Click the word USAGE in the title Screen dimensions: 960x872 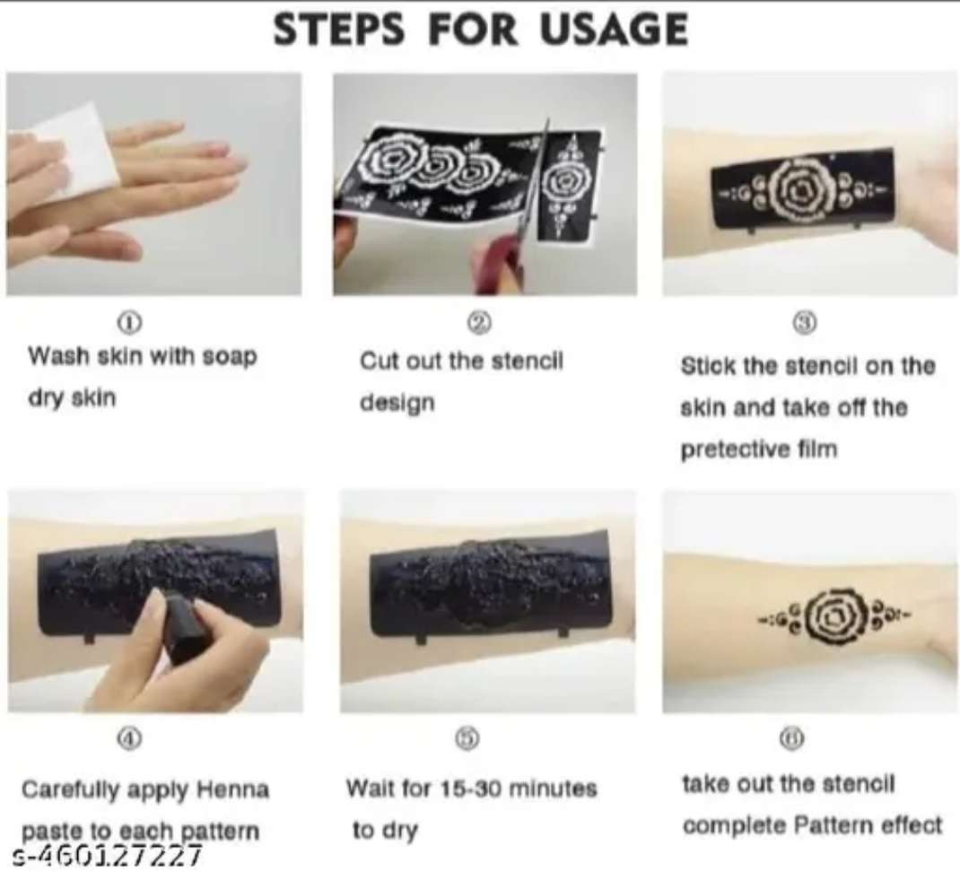pyautogui.click(x=614, y=29)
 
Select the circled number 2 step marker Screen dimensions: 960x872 pyautogui.click(x=479, y=322)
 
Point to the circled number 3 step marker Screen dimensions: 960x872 pyautogui.click(x=806, y=322)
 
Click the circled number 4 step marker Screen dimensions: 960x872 pyautogui.click(x=129, y=738)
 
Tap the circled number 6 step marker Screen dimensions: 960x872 pyautogui.click(x=792, y=738)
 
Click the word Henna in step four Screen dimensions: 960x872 pyautogui.click(x=233, y=789)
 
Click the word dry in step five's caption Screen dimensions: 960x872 pyautogui.click(x=400, y=831)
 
